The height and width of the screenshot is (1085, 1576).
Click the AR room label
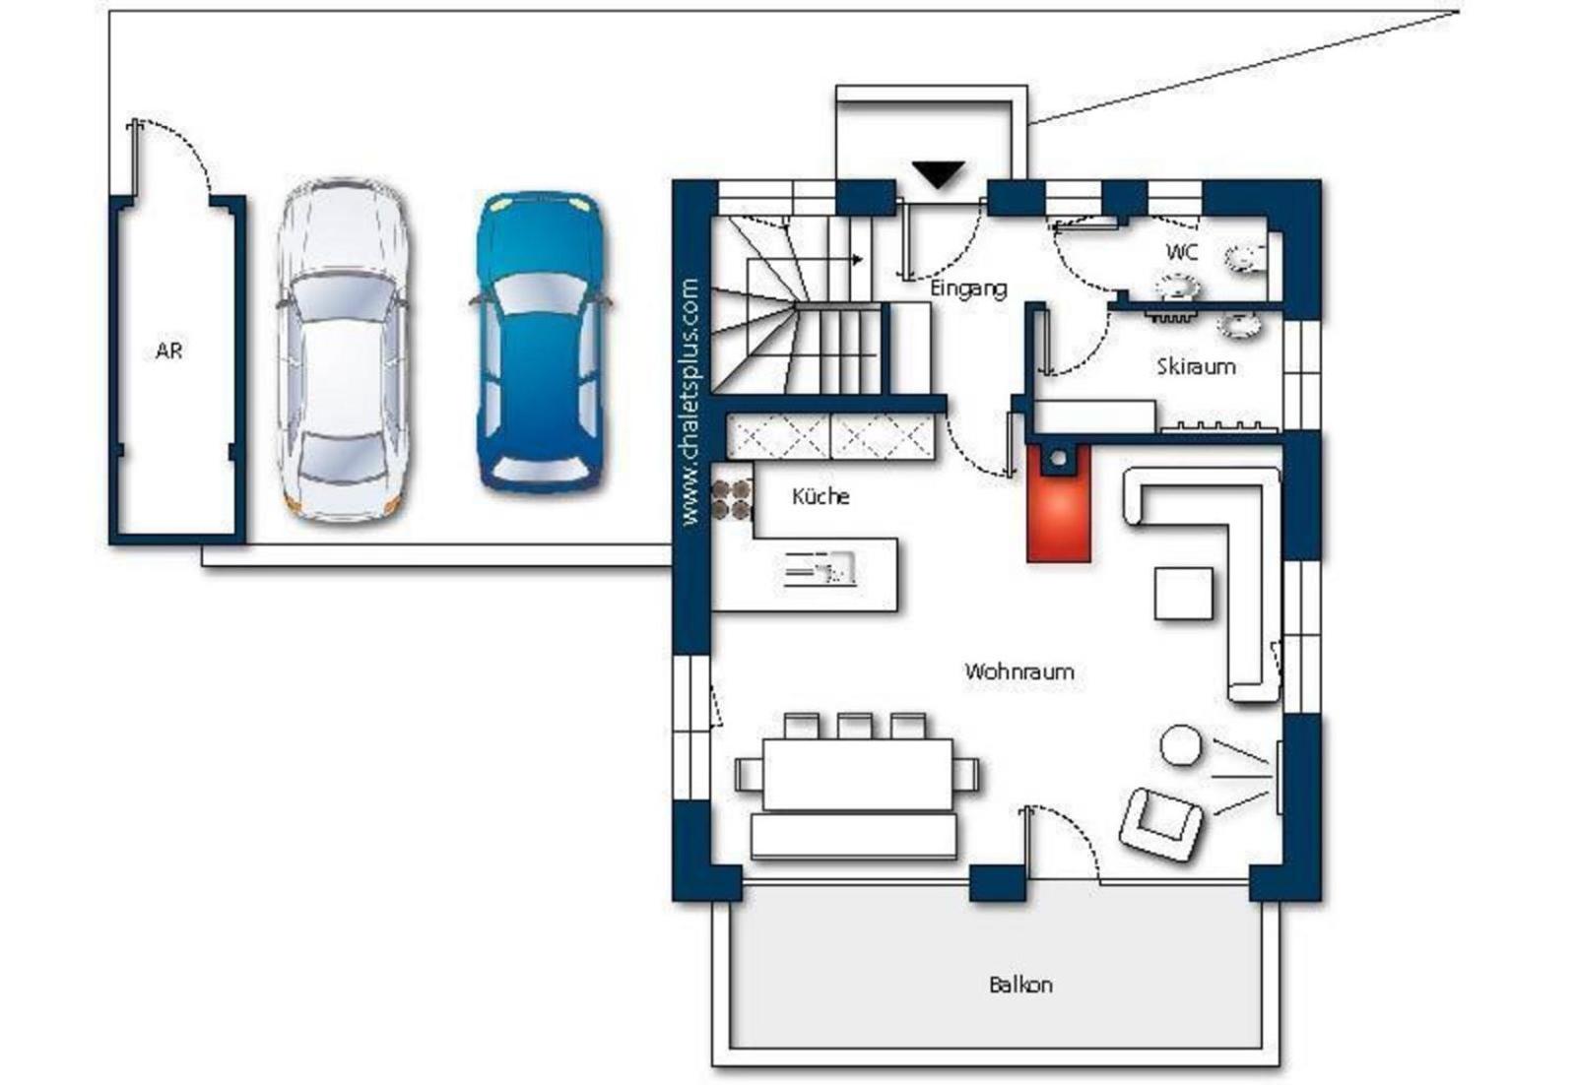[x=168, y=351]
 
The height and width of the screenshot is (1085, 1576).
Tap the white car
[x=343, y=350]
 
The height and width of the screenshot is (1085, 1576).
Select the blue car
[x=540, y=342]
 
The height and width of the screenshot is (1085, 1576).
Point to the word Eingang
[x=968, y=288]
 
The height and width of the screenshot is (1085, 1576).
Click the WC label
[x=1182, y=252]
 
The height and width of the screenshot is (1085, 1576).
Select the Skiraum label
[x=1196, y=366]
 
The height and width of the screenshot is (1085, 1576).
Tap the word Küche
[x=821, y=496]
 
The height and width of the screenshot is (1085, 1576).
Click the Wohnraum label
[x=1019, y=671]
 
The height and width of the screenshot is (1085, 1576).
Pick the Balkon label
[x=1020, y=986]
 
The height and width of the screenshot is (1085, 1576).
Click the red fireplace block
[x=1059, y=503]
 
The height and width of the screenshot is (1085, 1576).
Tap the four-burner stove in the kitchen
[x=732, y=499]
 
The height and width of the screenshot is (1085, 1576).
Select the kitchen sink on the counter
[x=820, y=569]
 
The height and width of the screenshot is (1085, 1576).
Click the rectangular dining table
[x=858, y=774]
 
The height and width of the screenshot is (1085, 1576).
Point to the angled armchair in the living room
[x=1160, y=825]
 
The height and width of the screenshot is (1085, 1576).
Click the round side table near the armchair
[x=1181, y=745]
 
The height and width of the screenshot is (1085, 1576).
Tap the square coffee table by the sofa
[x=1183, y=594]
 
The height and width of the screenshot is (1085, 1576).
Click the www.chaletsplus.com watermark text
[x=690, y=403]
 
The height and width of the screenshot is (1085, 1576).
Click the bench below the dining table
[x=853, y=836]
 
